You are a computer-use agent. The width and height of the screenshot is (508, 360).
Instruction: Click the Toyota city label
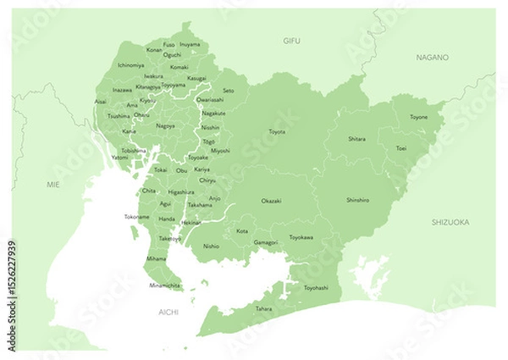(277, 132)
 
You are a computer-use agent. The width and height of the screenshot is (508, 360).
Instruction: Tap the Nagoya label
(166, 125)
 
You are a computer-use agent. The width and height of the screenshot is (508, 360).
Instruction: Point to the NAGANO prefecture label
(432, 57)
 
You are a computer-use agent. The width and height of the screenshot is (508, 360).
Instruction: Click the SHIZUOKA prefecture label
(450, 222)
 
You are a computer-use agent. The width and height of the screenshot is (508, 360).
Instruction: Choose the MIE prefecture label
(53, 182)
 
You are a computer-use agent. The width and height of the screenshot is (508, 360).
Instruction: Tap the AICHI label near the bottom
(169, 313)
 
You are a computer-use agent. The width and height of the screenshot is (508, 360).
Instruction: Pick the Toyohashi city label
(316, 287)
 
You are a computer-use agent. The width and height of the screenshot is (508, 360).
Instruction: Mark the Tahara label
(264, 309)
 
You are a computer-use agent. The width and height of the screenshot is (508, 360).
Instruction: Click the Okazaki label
(271, 201)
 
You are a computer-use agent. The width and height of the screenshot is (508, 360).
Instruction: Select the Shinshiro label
(358, 200)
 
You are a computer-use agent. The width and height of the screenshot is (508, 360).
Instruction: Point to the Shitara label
(357, 138)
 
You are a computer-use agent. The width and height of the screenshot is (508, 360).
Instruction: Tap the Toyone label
(418, 117)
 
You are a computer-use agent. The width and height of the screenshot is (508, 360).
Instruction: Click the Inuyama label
(190, 44)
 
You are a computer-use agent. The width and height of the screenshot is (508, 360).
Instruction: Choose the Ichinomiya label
(130, 64)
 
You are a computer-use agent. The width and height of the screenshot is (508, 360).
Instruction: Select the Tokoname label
(137, 217)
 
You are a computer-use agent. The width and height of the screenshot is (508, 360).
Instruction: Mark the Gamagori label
(266, 242)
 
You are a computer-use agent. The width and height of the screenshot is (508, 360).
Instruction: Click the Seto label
(229, 90)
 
